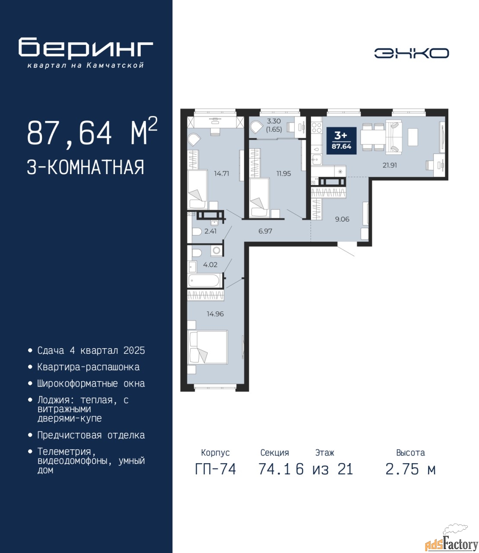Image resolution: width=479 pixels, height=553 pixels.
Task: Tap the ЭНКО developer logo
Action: coord(412,53)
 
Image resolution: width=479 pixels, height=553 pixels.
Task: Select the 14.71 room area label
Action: coord(222,173)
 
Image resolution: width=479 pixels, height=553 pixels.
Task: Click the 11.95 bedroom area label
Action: coord(283,173)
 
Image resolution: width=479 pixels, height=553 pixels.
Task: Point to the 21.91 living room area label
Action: coord(390,165)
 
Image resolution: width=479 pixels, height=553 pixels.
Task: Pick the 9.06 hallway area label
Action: coord(343,219)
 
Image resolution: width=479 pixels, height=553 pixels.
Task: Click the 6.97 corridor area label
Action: coord(265,231)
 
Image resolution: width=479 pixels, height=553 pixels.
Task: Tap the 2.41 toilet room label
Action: coord(210,231)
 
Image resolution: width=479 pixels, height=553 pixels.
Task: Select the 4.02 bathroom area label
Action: coord(210,264)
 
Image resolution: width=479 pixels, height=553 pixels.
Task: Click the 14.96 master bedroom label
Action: coord(215,314)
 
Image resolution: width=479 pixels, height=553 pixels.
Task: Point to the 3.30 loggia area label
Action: coord(274,121)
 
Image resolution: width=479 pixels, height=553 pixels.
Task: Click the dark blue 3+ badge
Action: coord(341,141)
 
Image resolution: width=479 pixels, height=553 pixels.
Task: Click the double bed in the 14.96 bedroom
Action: coord(208,347)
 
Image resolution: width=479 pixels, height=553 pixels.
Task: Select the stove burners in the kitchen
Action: coord(317,127)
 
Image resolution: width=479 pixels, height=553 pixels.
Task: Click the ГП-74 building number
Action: coord(216,469)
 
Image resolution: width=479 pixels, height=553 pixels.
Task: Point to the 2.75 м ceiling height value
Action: coord(410,469)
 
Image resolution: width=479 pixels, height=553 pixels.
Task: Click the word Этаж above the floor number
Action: coord(325,453)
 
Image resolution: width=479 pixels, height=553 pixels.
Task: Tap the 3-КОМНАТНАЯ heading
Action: coord(86,167)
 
